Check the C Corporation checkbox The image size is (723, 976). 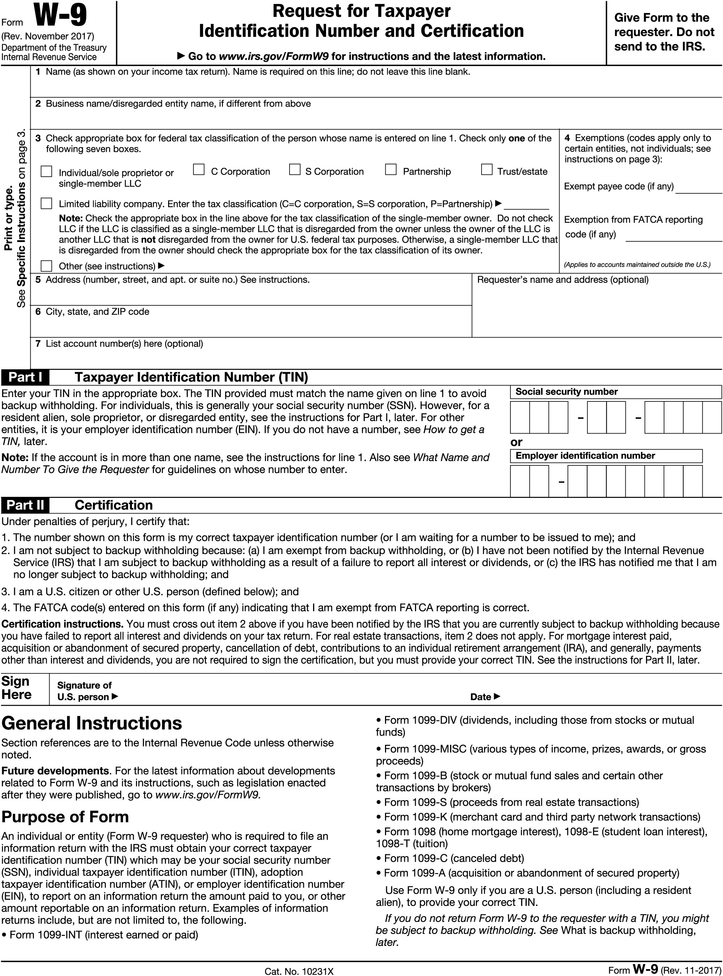(x=199, y=170)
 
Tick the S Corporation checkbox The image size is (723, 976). (x=295, y=170)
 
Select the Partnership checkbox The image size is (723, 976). (x=390, y=170)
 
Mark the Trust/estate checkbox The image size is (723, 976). (x=486, y=170)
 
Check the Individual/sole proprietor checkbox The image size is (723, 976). (x=46, y=172)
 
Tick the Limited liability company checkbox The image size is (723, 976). (x=46, y=203)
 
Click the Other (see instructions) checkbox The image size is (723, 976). (x=46, y=266)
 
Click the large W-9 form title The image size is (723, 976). (x=60, y=16)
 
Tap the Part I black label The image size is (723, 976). (x=25, y=377)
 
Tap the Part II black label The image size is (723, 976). (x=25, y=505)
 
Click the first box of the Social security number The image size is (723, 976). (x=520, y=418)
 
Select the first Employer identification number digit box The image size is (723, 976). (x=520, y=481)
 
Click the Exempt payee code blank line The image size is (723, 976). (x=698, y=188)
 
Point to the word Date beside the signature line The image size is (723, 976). (x=480, y=697)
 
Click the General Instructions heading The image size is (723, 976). (x=92, y=723)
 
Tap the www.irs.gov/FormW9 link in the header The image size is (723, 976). (x=274, y=56)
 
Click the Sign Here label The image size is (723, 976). (x=17, y=688)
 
